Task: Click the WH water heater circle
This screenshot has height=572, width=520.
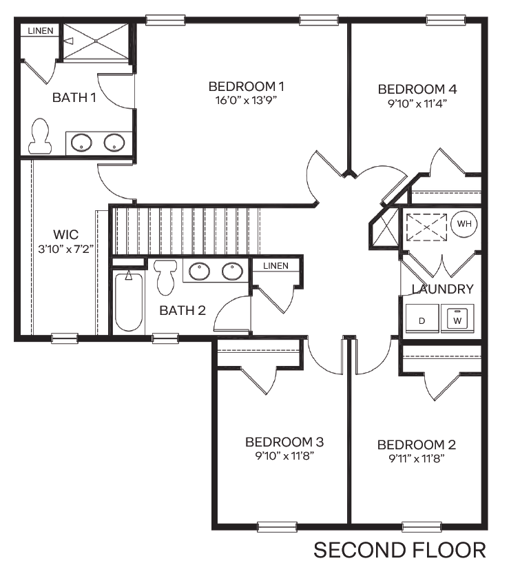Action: (463, 225)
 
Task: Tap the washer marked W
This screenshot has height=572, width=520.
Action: (457, 320)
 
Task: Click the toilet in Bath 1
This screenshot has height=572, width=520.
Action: (39, 136)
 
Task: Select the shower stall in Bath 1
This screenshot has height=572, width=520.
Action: (96, 42)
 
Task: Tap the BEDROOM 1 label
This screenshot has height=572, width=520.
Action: (247, 86)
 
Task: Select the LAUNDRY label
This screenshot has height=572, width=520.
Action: (442, 289)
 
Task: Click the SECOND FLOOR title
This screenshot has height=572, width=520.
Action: (399, 550)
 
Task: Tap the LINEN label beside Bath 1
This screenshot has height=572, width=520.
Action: (39, 31)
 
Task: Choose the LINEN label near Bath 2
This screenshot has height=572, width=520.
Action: (275, 265)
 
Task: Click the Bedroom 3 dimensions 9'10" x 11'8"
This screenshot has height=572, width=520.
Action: (284, 456)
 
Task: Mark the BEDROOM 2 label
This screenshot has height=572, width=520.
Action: (417, 445)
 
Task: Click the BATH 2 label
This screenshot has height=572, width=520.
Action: (183, 311)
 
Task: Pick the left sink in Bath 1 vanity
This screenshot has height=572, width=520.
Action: (82, 144)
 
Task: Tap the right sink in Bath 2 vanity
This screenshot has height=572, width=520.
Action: (232, 272)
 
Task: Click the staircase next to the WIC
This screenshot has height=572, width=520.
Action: (186, 229)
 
